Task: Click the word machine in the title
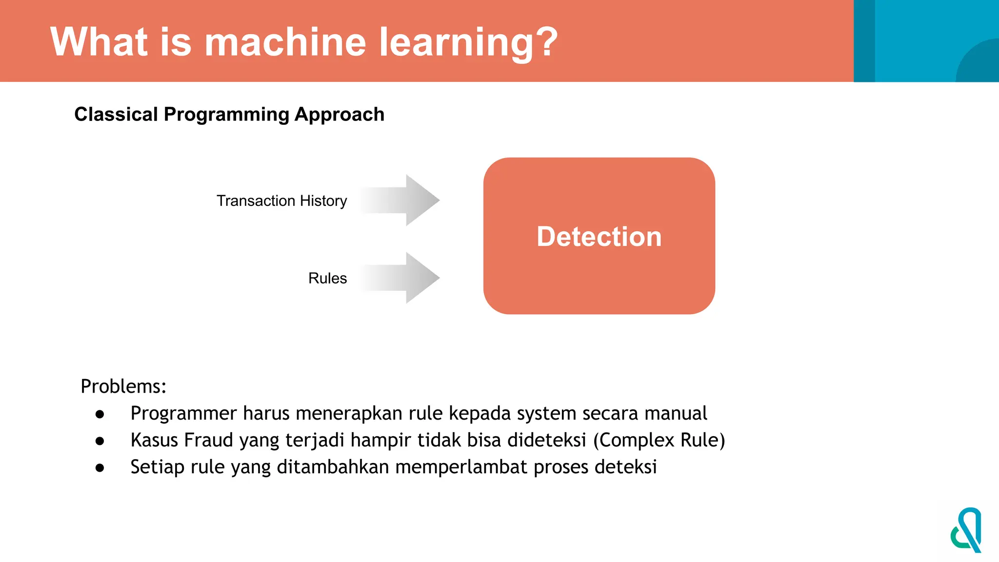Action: click(285, 42)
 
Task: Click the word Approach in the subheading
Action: click(340, 114)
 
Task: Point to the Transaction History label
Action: click(281, 201)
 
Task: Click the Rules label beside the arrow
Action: click(327, 278)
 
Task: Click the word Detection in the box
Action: click(599, 237)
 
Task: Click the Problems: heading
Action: click(123, 386)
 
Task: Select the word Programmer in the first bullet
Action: click(183, 414)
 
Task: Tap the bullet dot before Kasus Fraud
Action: click(100, 441)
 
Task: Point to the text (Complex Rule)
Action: click(659, 440)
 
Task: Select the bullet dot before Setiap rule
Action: click(100, 468)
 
